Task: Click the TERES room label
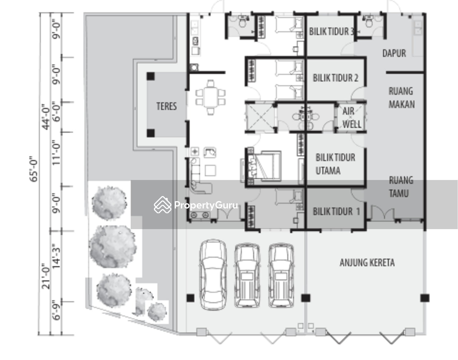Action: [166, 106]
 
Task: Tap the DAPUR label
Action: [394, 53]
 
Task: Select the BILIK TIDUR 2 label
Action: [336, 78]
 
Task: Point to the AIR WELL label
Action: [351, 117]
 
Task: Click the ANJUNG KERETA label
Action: [367, 263]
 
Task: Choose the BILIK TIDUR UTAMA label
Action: [336, 164]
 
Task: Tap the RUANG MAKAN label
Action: [402, 98]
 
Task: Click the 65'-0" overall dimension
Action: [34, 169]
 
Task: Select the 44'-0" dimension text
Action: [46, 117]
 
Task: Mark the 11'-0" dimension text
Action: [56, 153]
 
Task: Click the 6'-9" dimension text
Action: [56, 310]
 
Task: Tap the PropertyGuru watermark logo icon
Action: [163, 205]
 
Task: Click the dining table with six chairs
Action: [210, 97]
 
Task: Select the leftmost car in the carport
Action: [213, 275]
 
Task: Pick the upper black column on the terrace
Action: [151, 76]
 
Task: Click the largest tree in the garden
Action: [113, 247]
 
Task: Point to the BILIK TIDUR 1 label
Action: [336, 211]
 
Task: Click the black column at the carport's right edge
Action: [425, 298]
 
